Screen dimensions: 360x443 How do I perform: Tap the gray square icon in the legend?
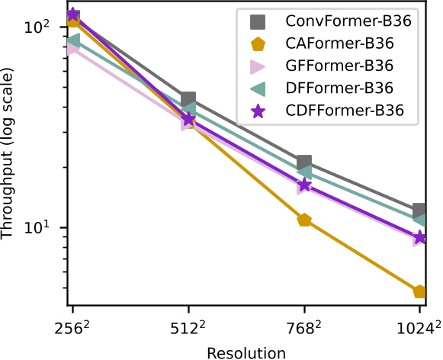(258, 21)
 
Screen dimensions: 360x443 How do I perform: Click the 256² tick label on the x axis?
(72, 331)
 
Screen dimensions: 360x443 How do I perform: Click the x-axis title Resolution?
(246, 352)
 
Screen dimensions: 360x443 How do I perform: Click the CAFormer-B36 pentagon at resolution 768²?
(304, 220)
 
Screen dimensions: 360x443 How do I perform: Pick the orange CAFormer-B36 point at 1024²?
(419, 291)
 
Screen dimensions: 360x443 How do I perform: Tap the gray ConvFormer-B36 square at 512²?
(188, 99)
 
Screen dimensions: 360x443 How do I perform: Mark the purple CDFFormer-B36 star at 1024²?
(419, 238)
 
